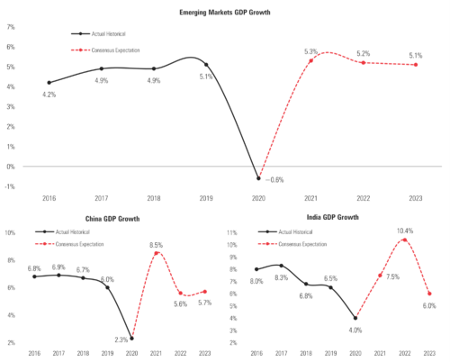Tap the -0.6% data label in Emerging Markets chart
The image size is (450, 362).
[x=271, y=180]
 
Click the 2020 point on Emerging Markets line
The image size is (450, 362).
[x=259, y=177]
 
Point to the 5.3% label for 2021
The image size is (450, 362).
[x=311, y=51]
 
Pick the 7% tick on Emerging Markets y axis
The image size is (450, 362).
[x=10, y=27]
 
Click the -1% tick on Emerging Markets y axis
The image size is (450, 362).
[x=10, y=186]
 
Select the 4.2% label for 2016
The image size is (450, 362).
[x=49, y=94]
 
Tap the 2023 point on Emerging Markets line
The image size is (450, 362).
[x=414, y=64]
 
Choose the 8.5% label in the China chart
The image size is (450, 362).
[x=156, y=245]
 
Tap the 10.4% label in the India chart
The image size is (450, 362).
[x=405, y=231]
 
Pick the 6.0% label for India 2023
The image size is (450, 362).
[x=429, y=305]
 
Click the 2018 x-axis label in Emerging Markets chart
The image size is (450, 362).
[x=154, y=195]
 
